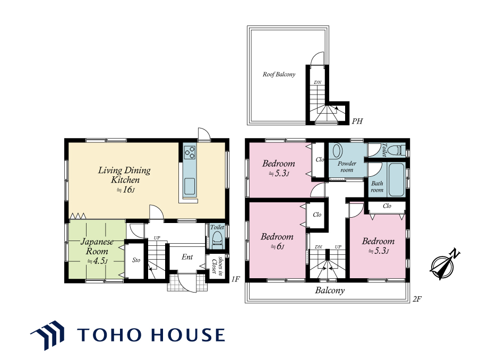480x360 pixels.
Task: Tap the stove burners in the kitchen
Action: click(x=190, y=152)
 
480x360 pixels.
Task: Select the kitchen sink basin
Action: click(x=190, y=186)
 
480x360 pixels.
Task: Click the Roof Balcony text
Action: click(x=279, y=74)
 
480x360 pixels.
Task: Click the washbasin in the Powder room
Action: click(x=337, y=151)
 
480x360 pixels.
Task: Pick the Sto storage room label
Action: click(x=136, y=260)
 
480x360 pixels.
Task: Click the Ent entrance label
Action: click(x=187, y=257)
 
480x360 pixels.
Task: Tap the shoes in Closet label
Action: click(x=217, y=265)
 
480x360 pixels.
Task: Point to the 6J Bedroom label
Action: click(x=277, y=241)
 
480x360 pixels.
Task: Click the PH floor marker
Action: click(x=357, y=121)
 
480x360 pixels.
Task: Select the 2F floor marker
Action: click(x=417, y=299)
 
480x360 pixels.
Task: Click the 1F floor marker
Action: click(x=235, y=279)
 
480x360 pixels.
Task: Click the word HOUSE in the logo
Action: click(x=188, y=335)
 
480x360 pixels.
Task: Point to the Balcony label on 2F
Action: click(x=330, y=290)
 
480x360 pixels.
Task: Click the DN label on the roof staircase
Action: click(x=318, y=82)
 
